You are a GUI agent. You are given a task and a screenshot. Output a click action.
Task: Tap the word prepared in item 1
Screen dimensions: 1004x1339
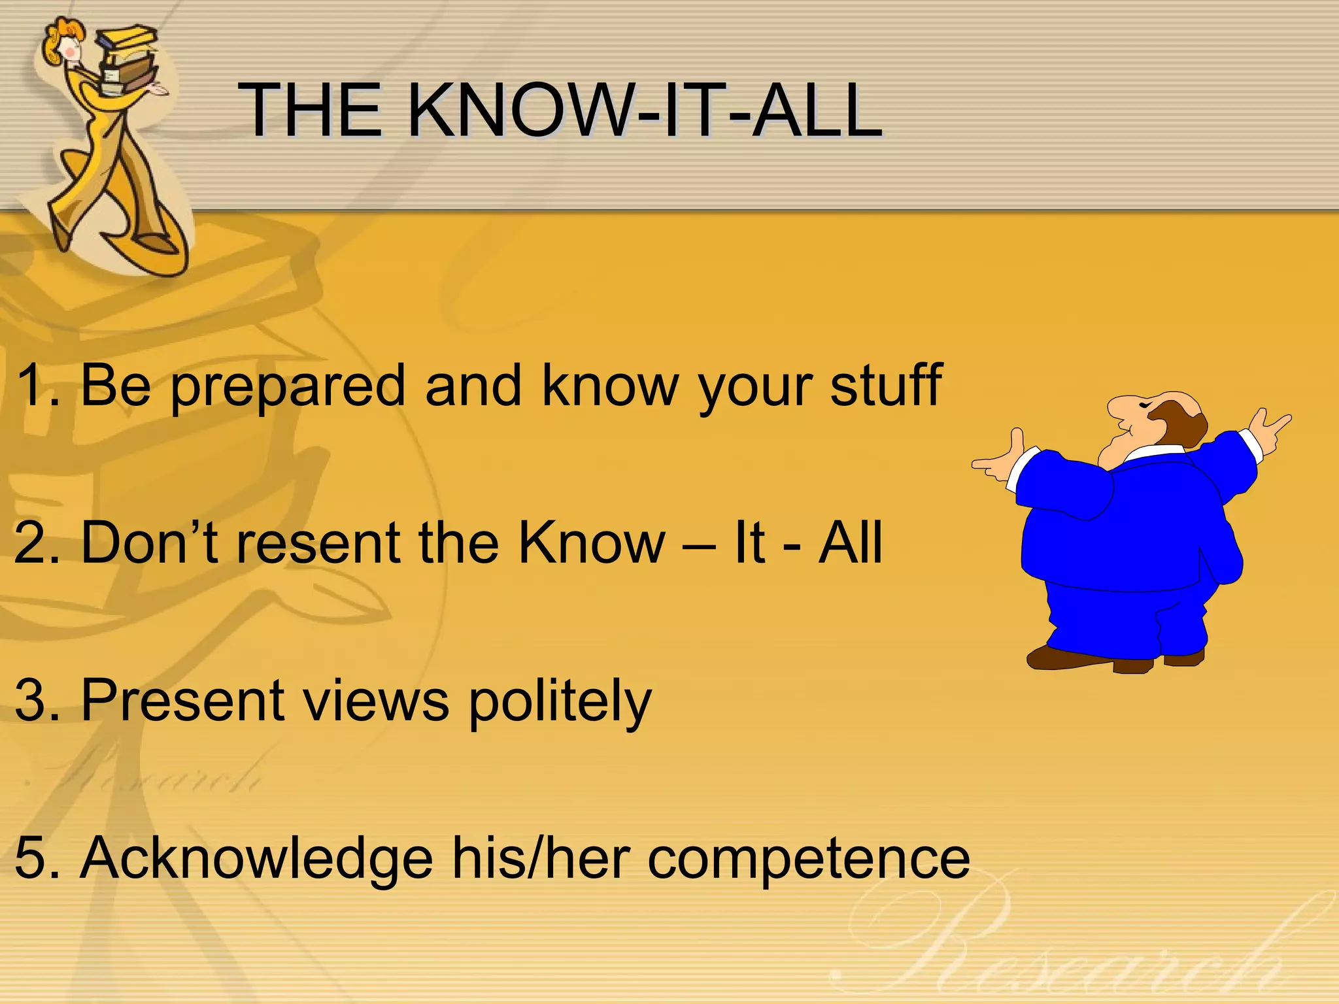(x=288, y=387)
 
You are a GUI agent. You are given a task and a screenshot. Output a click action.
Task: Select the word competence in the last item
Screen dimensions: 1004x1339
(x=808, y=858)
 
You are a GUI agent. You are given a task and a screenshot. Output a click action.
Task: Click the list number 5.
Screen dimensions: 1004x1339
(x=33, y=858)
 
